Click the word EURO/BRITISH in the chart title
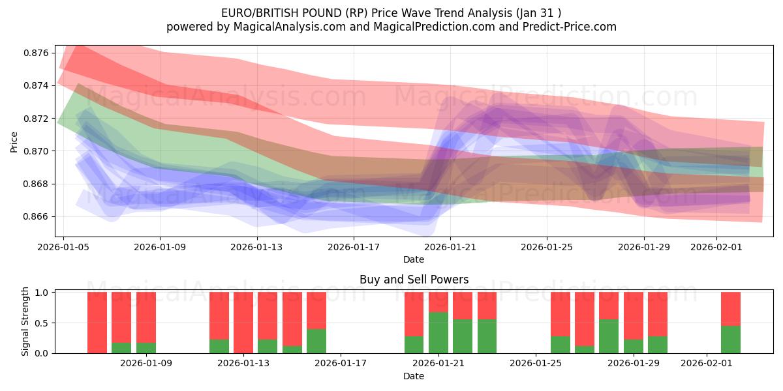click(x=255, y=12)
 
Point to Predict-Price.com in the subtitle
click(x=566, y=27)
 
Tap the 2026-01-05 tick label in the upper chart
click(x=64, y=247)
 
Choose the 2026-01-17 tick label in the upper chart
click(x=354, y=247)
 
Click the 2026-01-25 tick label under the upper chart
click(x=547, y=247)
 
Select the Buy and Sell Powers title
click(x=414, y=280)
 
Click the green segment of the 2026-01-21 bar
click(x=438, y=333)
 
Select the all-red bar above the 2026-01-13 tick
click(x=243, y=323)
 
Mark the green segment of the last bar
click(x=731, y=340)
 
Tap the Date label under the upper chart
click(x=414, y=259)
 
